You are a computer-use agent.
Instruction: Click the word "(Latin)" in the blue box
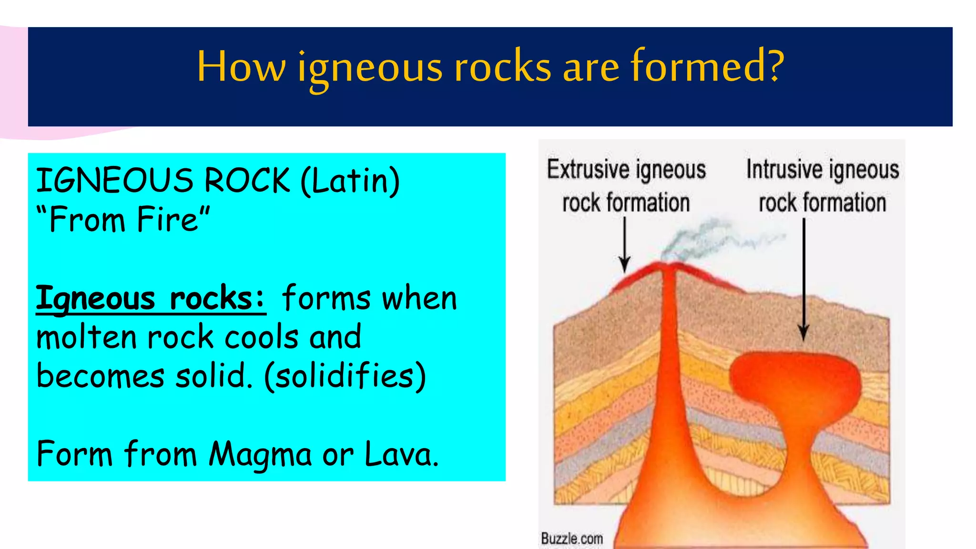pyautogui.click(x=350, y=181)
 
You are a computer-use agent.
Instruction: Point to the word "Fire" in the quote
pyautogui.click(x=167, y=220)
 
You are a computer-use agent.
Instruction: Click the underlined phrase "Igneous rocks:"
pyautogui.click(x=151, y=299)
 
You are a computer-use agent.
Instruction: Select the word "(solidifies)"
pyautogui.click(x=345, y=376)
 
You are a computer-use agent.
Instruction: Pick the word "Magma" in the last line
pyautogui.click(x=260, y=454)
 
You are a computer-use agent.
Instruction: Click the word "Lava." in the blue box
pyautogui.click(x=401, y=454)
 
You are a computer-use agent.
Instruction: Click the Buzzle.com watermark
pyautogui.click(x=572, y=539)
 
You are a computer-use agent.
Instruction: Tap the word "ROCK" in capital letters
pyautogui.click(x=247, y=181)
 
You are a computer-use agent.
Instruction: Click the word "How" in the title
pyautogui.click(x=241, y=67)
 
